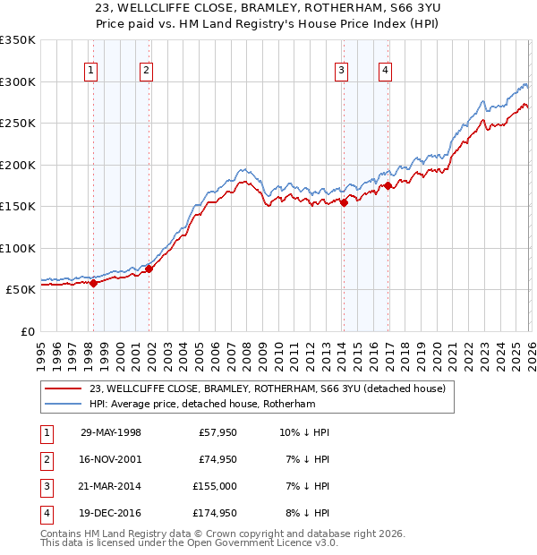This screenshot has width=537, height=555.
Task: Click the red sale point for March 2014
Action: click(x=344, y=202)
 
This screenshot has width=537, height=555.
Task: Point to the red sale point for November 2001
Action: click(x=149, y=269)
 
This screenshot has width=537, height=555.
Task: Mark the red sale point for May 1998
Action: click(x=93, y=283)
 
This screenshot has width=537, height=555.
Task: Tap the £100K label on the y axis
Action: click(x=18, y=248)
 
